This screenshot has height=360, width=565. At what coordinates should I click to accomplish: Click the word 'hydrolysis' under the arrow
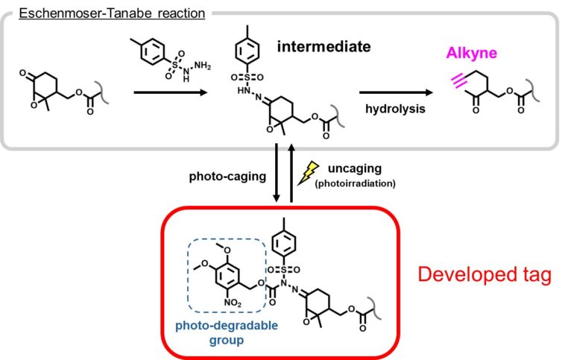395,109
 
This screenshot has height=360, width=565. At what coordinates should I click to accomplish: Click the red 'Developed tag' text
484,274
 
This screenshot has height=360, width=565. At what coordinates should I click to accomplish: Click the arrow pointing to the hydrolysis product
395,92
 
